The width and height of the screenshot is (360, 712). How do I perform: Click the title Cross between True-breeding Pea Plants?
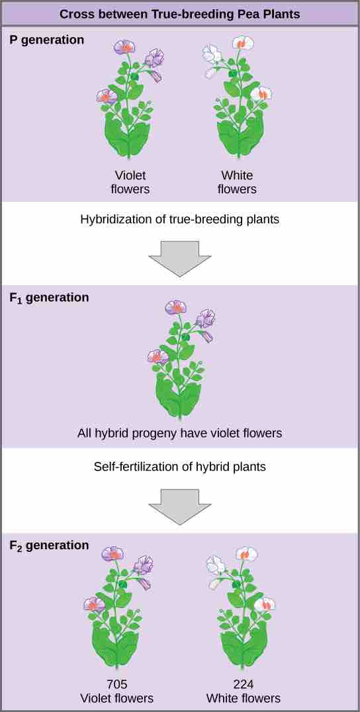[x=179, y=14]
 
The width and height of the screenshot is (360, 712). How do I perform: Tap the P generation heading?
[x=47, y=40]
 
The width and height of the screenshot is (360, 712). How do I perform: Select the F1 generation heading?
[x=49, y=298]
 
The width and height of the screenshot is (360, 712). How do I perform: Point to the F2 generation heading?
[x=49, y=545]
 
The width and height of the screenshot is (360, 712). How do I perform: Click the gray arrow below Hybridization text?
[x=179, y=257]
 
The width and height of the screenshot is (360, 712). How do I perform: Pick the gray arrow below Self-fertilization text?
[x=179, y=506]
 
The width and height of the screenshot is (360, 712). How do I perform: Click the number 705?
[x=116, y=685]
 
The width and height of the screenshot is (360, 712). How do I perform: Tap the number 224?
[x=243, y=685]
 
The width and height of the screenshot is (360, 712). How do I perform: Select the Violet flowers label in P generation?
[x=130, y=182]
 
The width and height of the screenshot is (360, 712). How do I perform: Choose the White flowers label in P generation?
[x=237, y=182]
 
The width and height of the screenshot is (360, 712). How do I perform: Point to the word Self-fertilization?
[x=136, y=467]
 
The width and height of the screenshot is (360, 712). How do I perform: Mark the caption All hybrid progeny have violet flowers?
[x=179, y=433]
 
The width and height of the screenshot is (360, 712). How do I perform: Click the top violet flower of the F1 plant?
[x=175, y=308]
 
